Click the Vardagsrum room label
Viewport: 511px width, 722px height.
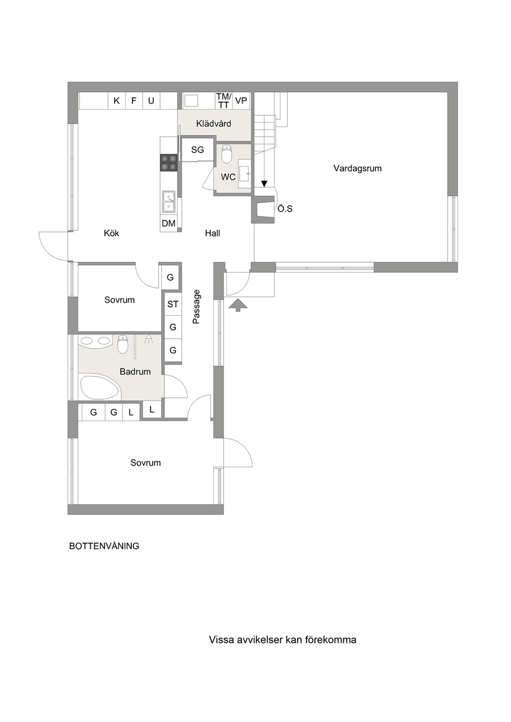357,168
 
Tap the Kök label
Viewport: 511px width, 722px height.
111,233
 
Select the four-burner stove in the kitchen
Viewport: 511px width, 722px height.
169,163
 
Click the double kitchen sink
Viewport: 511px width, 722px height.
169,202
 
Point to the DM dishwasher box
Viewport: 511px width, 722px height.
168,223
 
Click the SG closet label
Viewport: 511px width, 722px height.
197,150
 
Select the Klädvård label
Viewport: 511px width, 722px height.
214,124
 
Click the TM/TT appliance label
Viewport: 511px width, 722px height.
224,100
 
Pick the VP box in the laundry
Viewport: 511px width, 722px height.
241,100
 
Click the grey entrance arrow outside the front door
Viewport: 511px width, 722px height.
238,305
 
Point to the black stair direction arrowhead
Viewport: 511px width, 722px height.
265,184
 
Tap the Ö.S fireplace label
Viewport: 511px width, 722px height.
285,208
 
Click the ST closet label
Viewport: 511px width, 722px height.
173,304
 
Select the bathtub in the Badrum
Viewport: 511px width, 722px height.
100,388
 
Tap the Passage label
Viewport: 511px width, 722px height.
196,307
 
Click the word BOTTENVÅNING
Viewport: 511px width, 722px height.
104,546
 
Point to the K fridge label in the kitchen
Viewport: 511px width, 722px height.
116,101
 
